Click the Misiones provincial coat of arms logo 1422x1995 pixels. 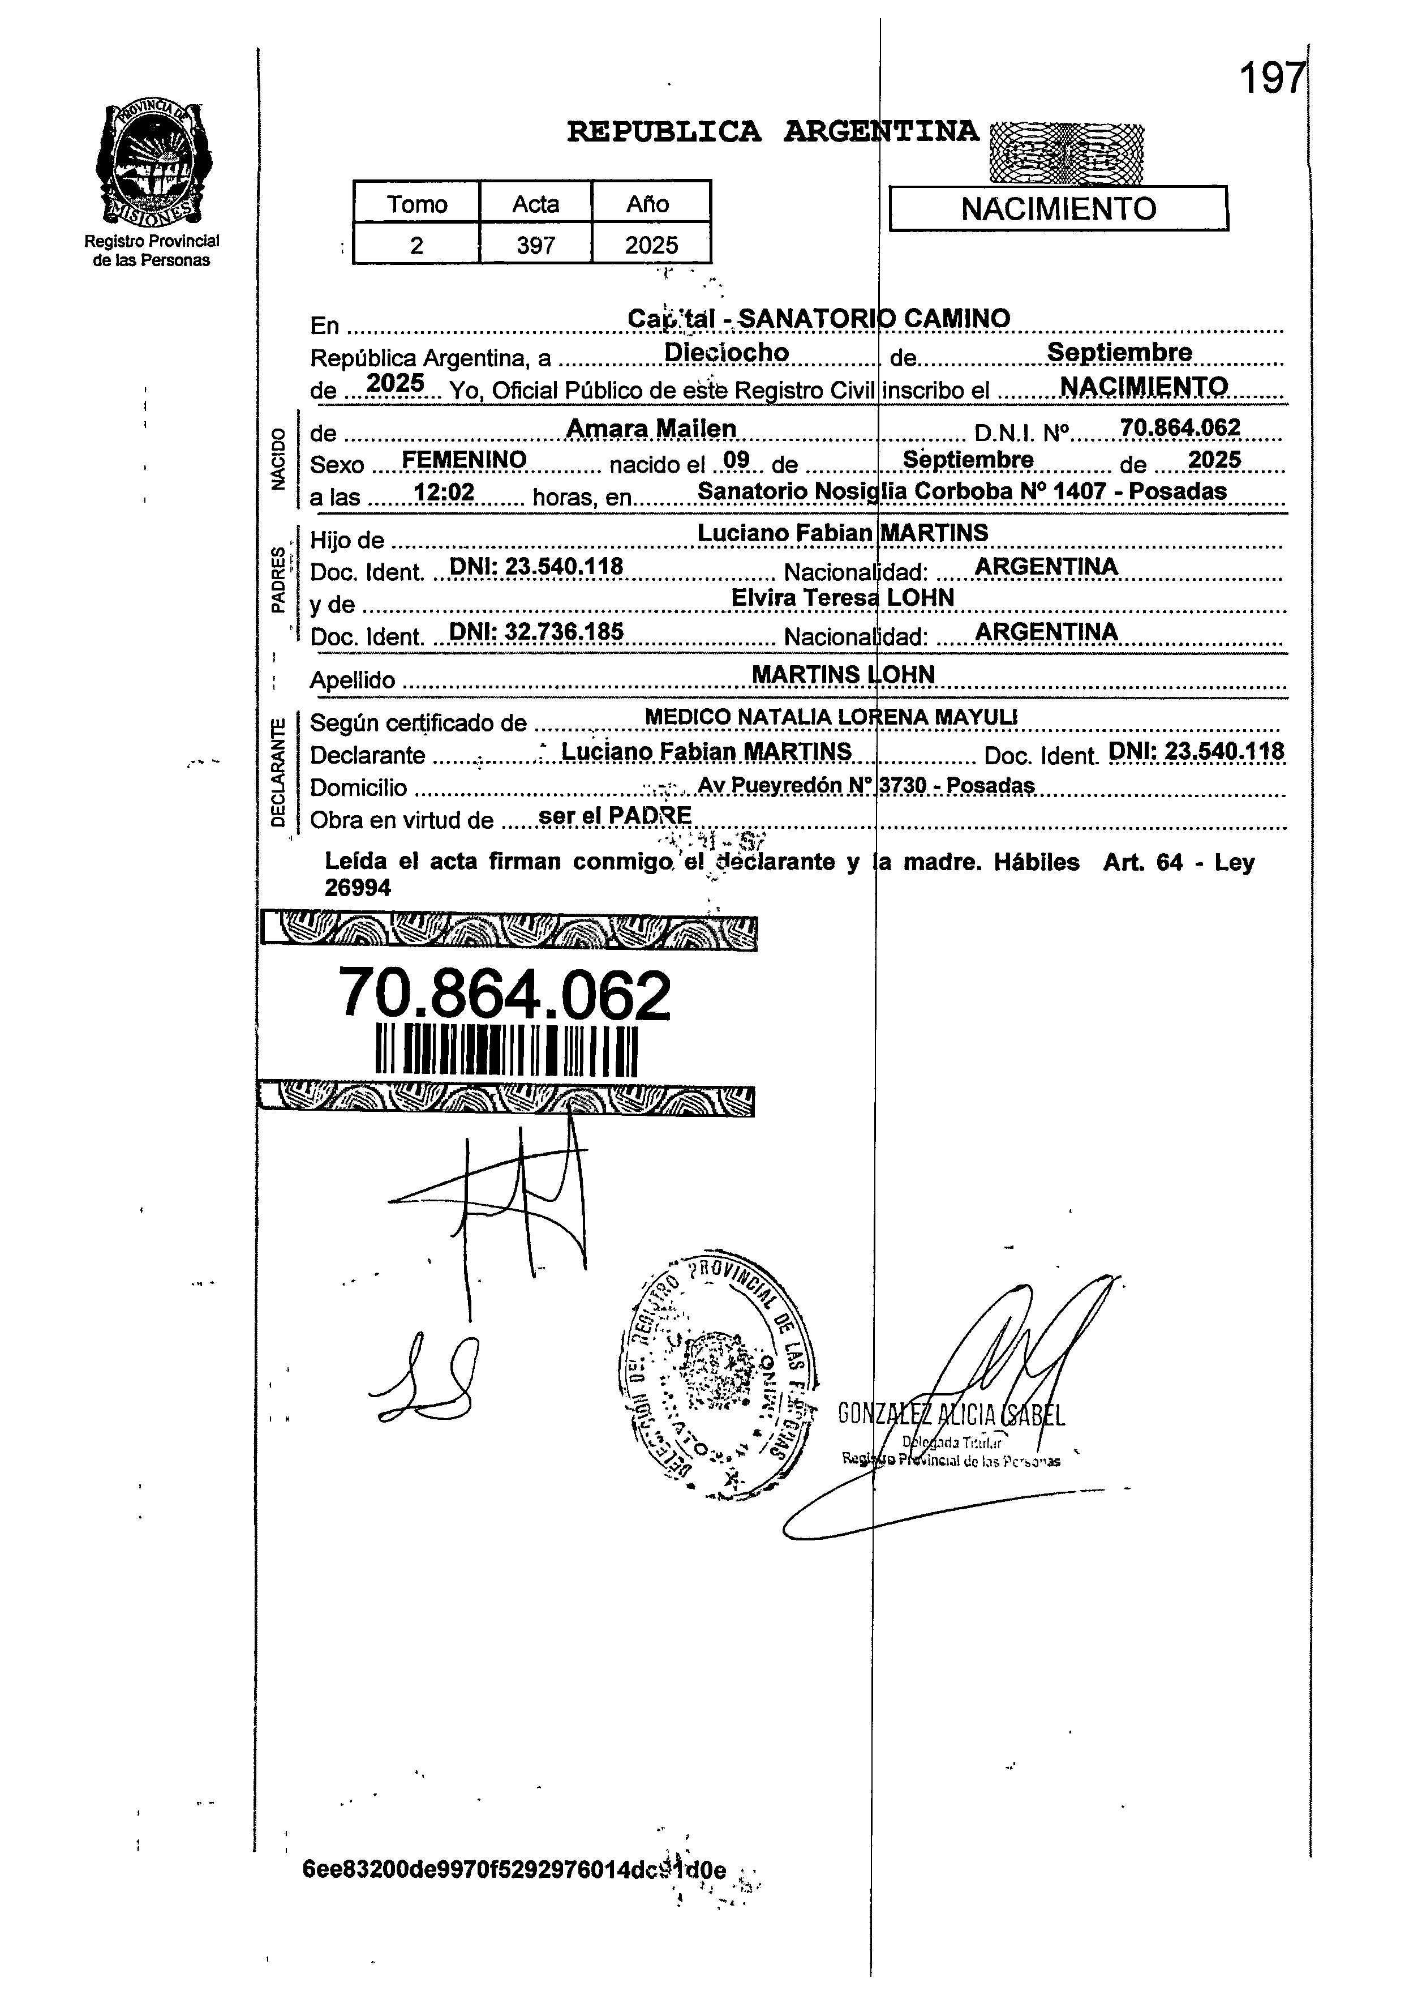coord(153,164)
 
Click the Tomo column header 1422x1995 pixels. coord(417,204)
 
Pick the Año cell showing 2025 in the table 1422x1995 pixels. coord(651,245)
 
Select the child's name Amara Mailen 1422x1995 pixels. coord(651,428)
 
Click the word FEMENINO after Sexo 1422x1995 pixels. coord(463,460)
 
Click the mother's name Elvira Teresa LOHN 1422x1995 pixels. coord(843,597)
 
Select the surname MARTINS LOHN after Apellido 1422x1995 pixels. coord(843,674)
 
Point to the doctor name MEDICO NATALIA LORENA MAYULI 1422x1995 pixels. coord(831,716)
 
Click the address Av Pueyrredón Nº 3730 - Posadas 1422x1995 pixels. coord(866,786)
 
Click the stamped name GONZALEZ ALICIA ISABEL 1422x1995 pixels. coord(951,1414)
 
